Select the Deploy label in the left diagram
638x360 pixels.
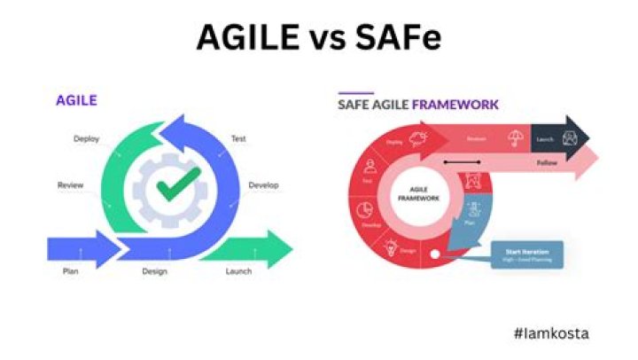pos(87,138)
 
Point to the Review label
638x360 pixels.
pos(70,185)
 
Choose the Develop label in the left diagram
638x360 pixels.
pos(263,185)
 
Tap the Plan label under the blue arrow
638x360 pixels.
pos(70,270)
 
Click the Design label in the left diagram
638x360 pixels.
pos(155,270)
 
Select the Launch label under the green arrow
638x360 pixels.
pos(238,270)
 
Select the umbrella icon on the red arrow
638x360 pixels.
pos(514,137)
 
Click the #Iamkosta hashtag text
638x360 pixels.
pos(550,333)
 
